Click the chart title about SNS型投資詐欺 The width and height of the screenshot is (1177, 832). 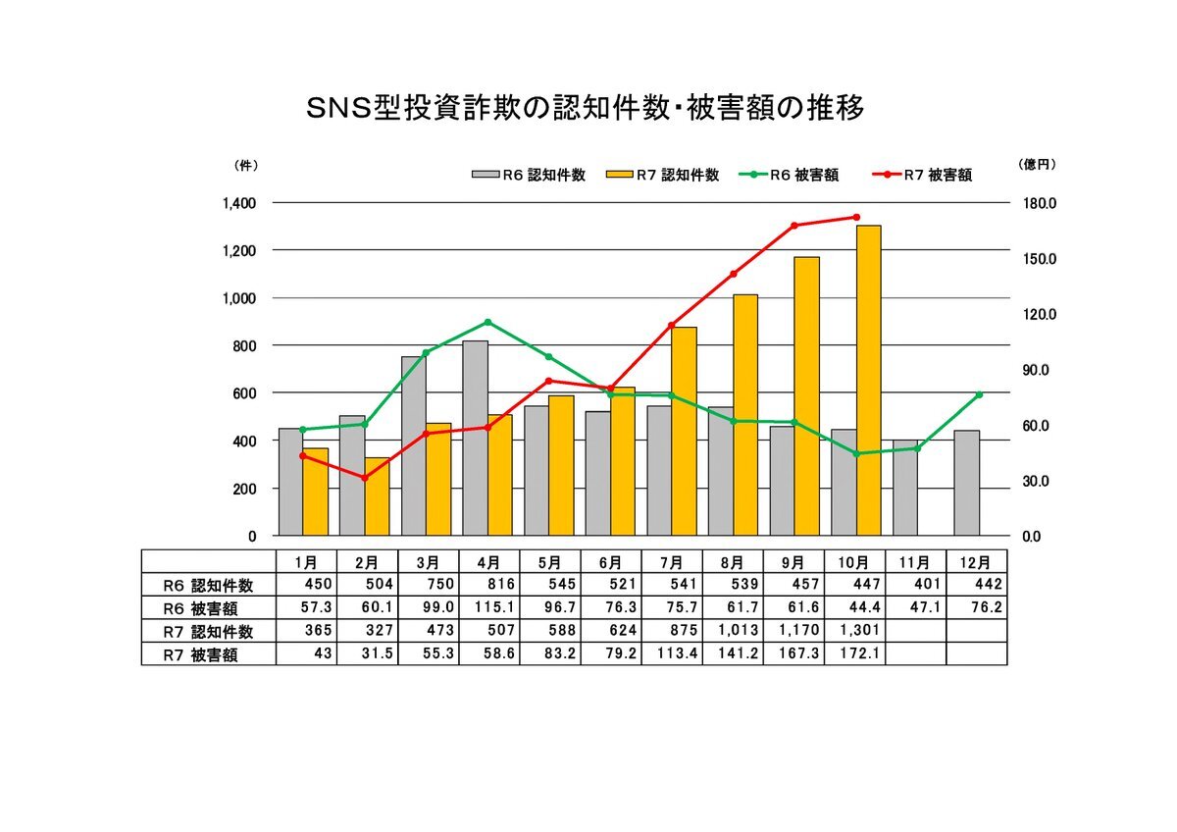click(x=586, y=109)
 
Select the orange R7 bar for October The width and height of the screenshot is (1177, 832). click(x=868, y=381)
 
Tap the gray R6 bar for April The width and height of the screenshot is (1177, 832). click(x=475, y=438)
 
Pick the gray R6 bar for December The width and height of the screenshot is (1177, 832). click(x=966, y=483)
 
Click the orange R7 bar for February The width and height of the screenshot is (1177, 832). click(x=378, y=496)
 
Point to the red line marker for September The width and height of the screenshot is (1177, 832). click(x=794, y=226)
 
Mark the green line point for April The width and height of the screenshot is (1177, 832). click(x=487, y=322)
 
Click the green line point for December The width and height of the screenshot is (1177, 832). click(x=979, y=394)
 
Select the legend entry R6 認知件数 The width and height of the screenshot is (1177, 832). click(x=530, y=175)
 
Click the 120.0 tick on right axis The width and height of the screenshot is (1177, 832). click(x=1038, y=314)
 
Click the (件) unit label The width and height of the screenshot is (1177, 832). click(x=246, y=165)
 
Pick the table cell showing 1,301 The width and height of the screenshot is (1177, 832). click(x=855, y=631)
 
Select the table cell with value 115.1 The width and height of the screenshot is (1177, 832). click(x=488, y=608)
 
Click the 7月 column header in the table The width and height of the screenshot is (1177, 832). click(x=672, y=562)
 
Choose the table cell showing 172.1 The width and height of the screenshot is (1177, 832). click(x=855, y=654)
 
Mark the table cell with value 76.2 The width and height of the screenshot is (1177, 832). click(x=977, y=608)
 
